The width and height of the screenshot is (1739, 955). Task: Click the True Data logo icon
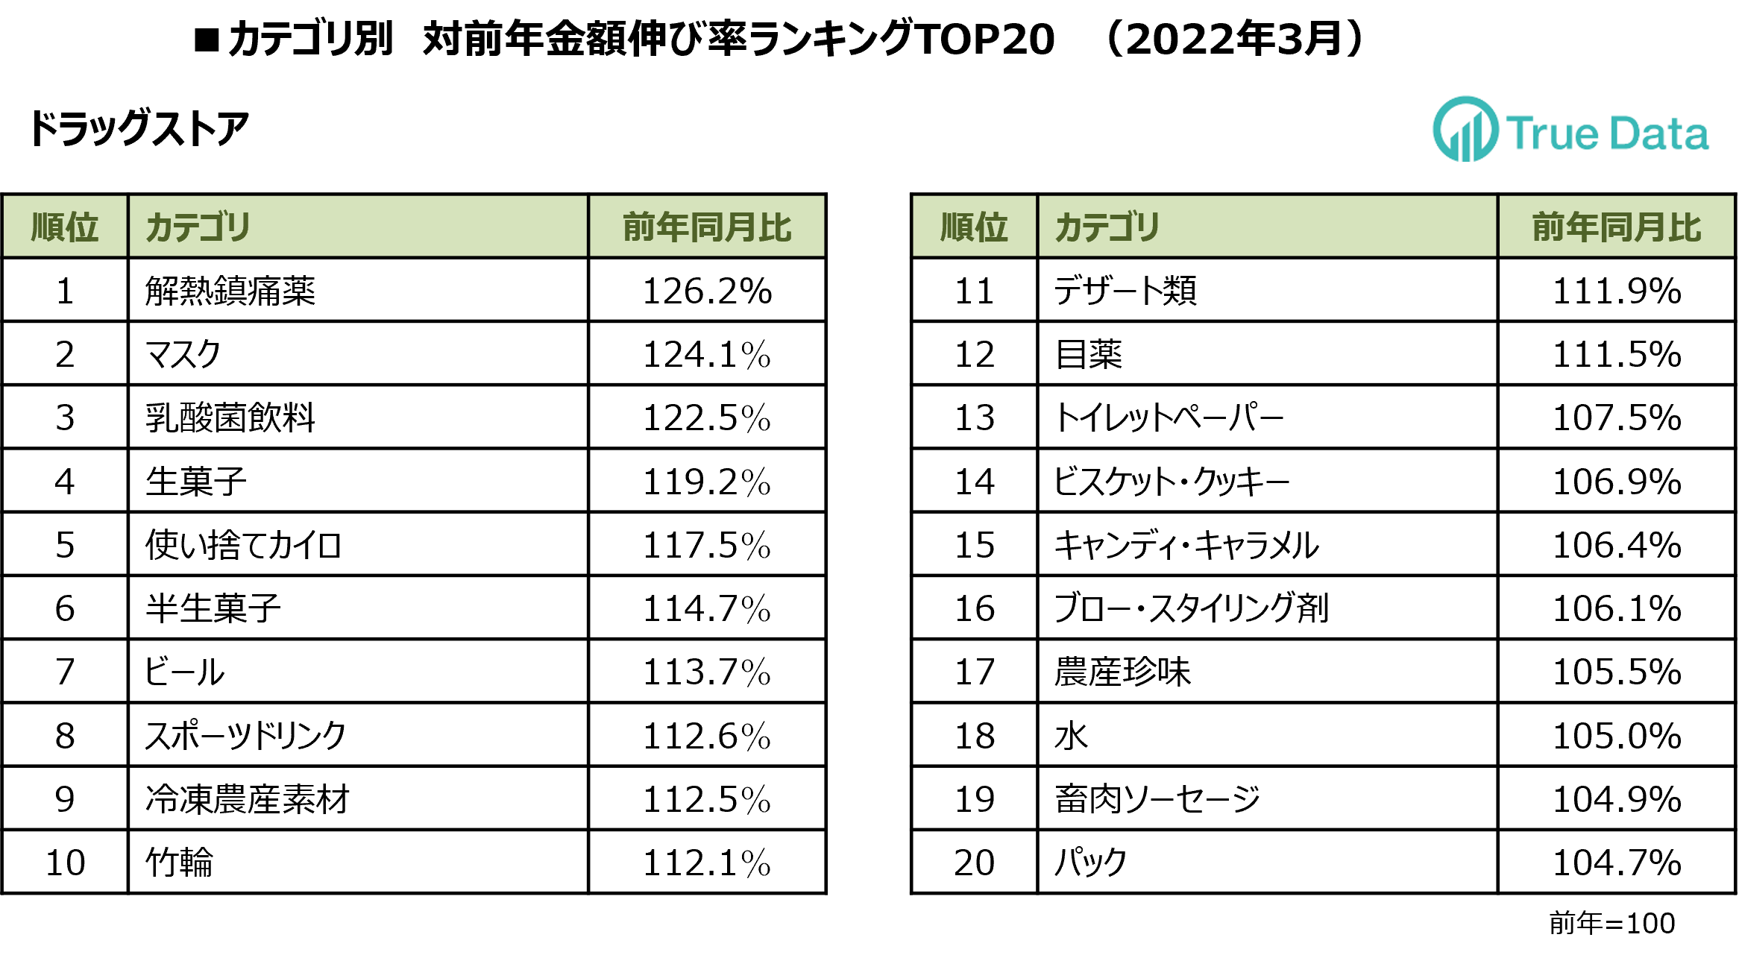pos(1465,130)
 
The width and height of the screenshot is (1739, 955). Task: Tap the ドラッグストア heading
pos(139,128)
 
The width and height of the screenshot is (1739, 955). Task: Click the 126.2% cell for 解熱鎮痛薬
pos(706,291)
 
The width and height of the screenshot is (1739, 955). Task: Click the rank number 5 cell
pos(65,545)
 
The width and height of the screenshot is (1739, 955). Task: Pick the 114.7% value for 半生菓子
pos(706,608)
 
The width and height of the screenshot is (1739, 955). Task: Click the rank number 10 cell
pos(65,863)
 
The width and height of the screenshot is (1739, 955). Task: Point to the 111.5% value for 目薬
pos(1616,354)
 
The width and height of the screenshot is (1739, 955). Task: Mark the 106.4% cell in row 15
pos(1616,545)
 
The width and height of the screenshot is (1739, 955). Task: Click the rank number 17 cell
pos(974,672)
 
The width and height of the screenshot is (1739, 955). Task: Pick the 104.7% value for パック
pos(1616,863)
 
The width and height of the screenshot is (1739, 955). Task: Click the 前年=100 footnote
pos(1611,923)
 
